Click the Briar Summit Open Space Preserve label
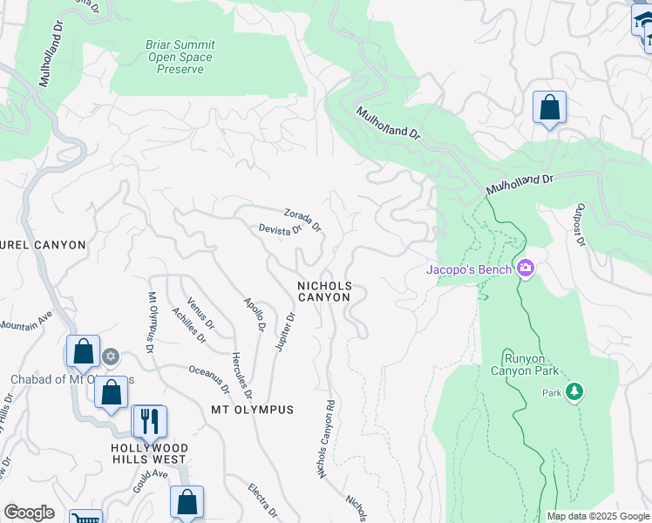point(180,56)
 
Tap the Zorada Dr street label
point(302,219)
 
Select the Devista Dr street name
point(280,229)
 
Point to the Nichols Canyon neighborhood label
point(324,291)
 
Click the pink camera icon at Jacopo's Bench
point(526,268)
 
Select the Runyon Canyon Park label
point(530,364)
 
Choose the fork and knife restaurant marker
point(148,422)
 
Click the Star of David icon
point(111,356)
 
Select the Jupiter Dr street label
point(285,332)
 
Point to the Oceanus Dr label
point(208,378)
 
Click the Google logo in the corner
point(29,513)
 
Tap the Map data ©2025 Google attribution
point(598,516)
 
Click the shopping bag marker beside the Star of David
point(83,351)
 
